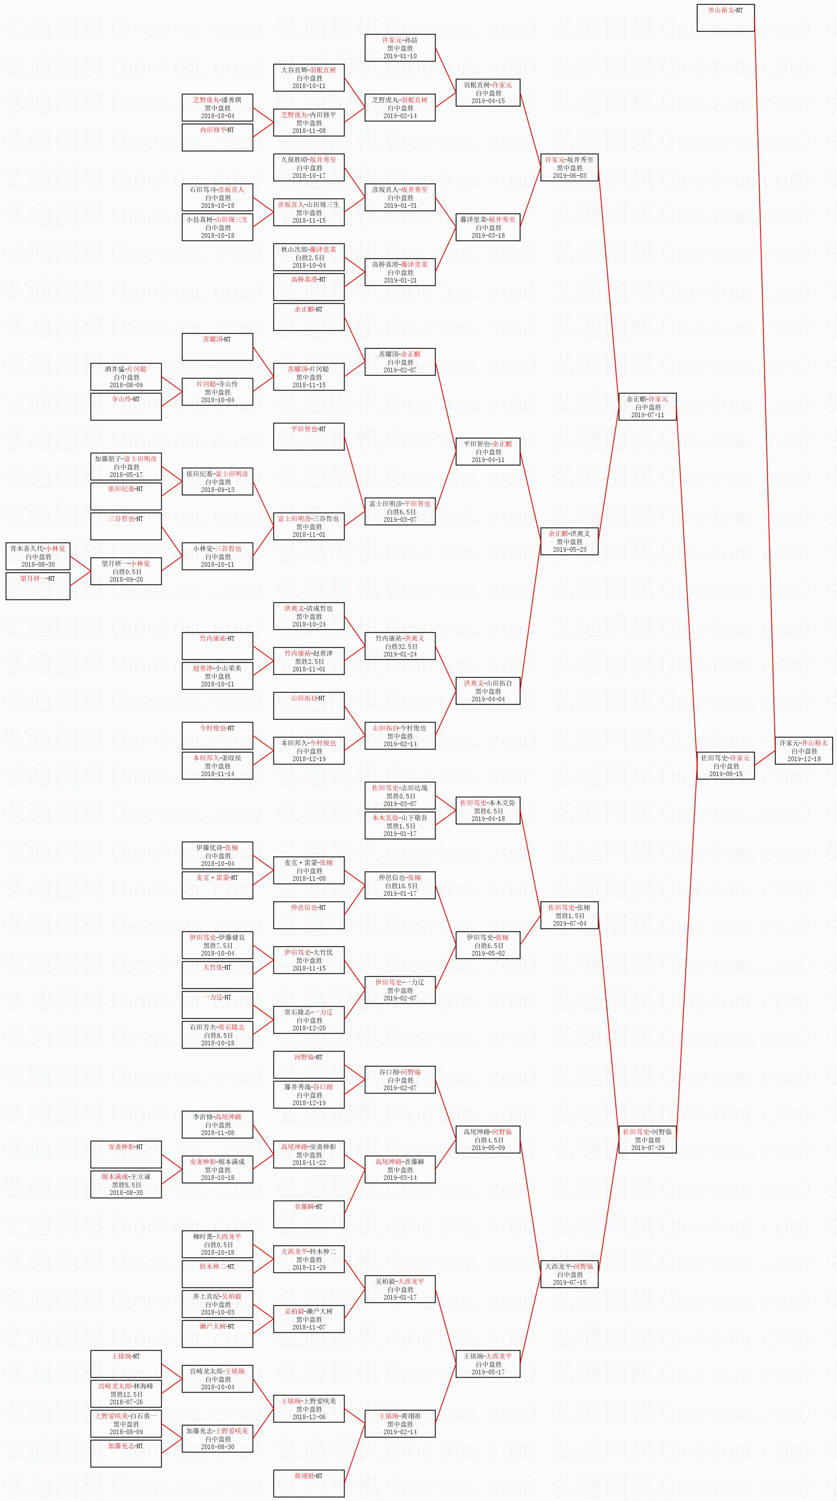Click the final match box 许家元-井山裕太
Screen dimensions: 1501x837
803,750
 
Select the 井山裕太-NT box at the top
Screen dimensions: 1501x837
725,17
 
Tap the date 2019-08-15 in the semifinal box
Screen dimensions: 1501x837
726,774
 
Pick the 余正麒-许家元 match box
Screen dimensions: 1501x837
647,407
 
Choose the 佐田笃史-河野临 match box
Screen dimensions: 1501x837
647,1140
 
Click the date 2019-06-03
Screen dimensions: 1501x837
569,175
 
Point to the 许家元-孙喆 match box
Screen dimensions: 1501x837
400,48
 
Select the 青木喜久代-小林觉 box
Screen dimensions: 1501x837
38,556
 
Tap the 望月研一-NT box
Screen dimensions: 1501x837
38,586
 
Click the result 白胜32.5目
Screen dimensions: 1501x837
400,646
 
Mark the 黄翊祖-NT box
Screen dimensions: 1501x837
309,1484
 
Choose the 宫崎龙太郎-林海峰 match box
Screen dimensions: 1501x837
126,1394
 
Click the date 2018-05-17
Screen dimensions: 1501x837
126,475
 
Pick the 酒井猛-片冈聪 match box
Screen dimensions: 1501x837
126,377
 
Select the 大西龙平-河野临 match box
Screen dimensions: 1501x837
569,1274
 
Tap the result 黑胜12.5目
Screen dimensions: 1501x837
126,1394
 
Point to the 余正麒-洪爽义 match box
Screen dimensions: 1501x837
569,541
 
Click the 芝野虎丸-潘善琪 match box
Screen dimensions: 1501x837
217,108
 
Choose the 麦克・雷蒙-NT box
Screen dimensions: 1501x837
217,885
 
